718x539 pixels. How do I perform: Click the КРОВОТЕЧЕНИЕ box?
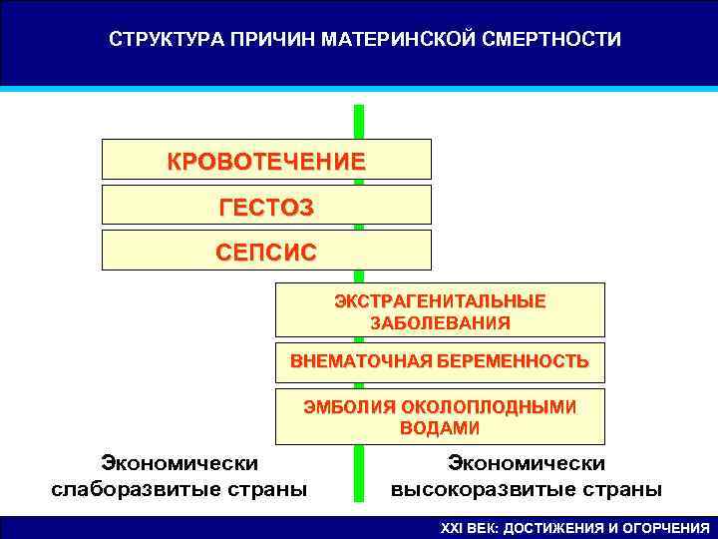[x=266, y=160]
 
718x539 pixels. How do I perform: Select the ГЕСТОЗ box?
[x=266, y=206]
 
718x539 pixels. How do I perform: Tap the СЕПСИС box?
[x=266, y=251]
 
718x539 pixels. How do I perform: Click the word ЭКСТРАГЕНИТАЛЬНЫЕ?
[x=440, y=300]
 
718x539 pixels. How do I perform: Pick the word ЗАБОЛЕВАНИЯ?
[x=440, y=322]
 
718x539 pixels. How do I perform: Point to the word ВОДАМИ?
[x=440, y=428]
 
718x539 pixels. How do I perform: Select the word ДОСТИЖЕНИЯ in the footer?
[x=551, y=528]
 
